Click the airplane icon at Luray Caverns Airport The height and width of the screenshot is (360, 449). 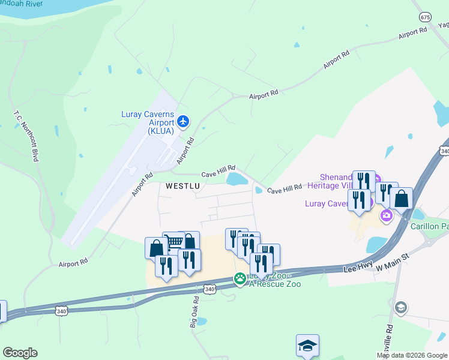(x=184, y=122)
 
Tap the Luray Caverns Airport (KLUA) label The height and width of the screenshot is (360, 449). (x=149, y=122)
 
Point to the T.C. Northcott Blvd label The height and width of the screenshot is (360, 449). (x=26, y=136)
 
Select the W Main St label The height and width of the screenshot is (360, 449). (x=392, y=258)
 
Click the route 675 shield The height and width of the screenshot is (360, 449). (x=425, y=17)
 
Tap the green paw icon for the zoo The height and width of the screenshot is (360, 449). (x=240, y=278)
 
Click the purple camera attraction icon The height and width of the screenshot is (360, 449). (x=387, y=215)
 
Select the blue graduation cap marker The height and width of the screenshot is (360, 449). (x=307, y=345)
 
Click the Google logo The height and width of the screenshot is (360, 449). (x=20, y=353)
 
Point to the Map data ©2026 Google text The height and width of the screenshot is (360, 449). (x=412, y=355)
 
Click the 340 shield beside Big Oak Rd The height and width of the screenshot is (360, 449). (x=209, y=289)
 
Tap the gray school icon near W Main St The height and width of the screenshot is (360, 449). (x=400, y=308)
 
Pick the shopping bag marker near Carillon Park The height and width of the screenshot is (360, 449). (x=401, y=198)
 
